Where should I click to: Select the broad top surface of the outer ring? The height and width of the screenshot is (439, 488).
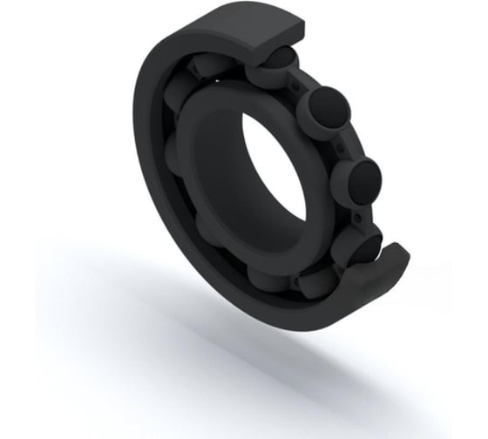pos(218,30)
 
